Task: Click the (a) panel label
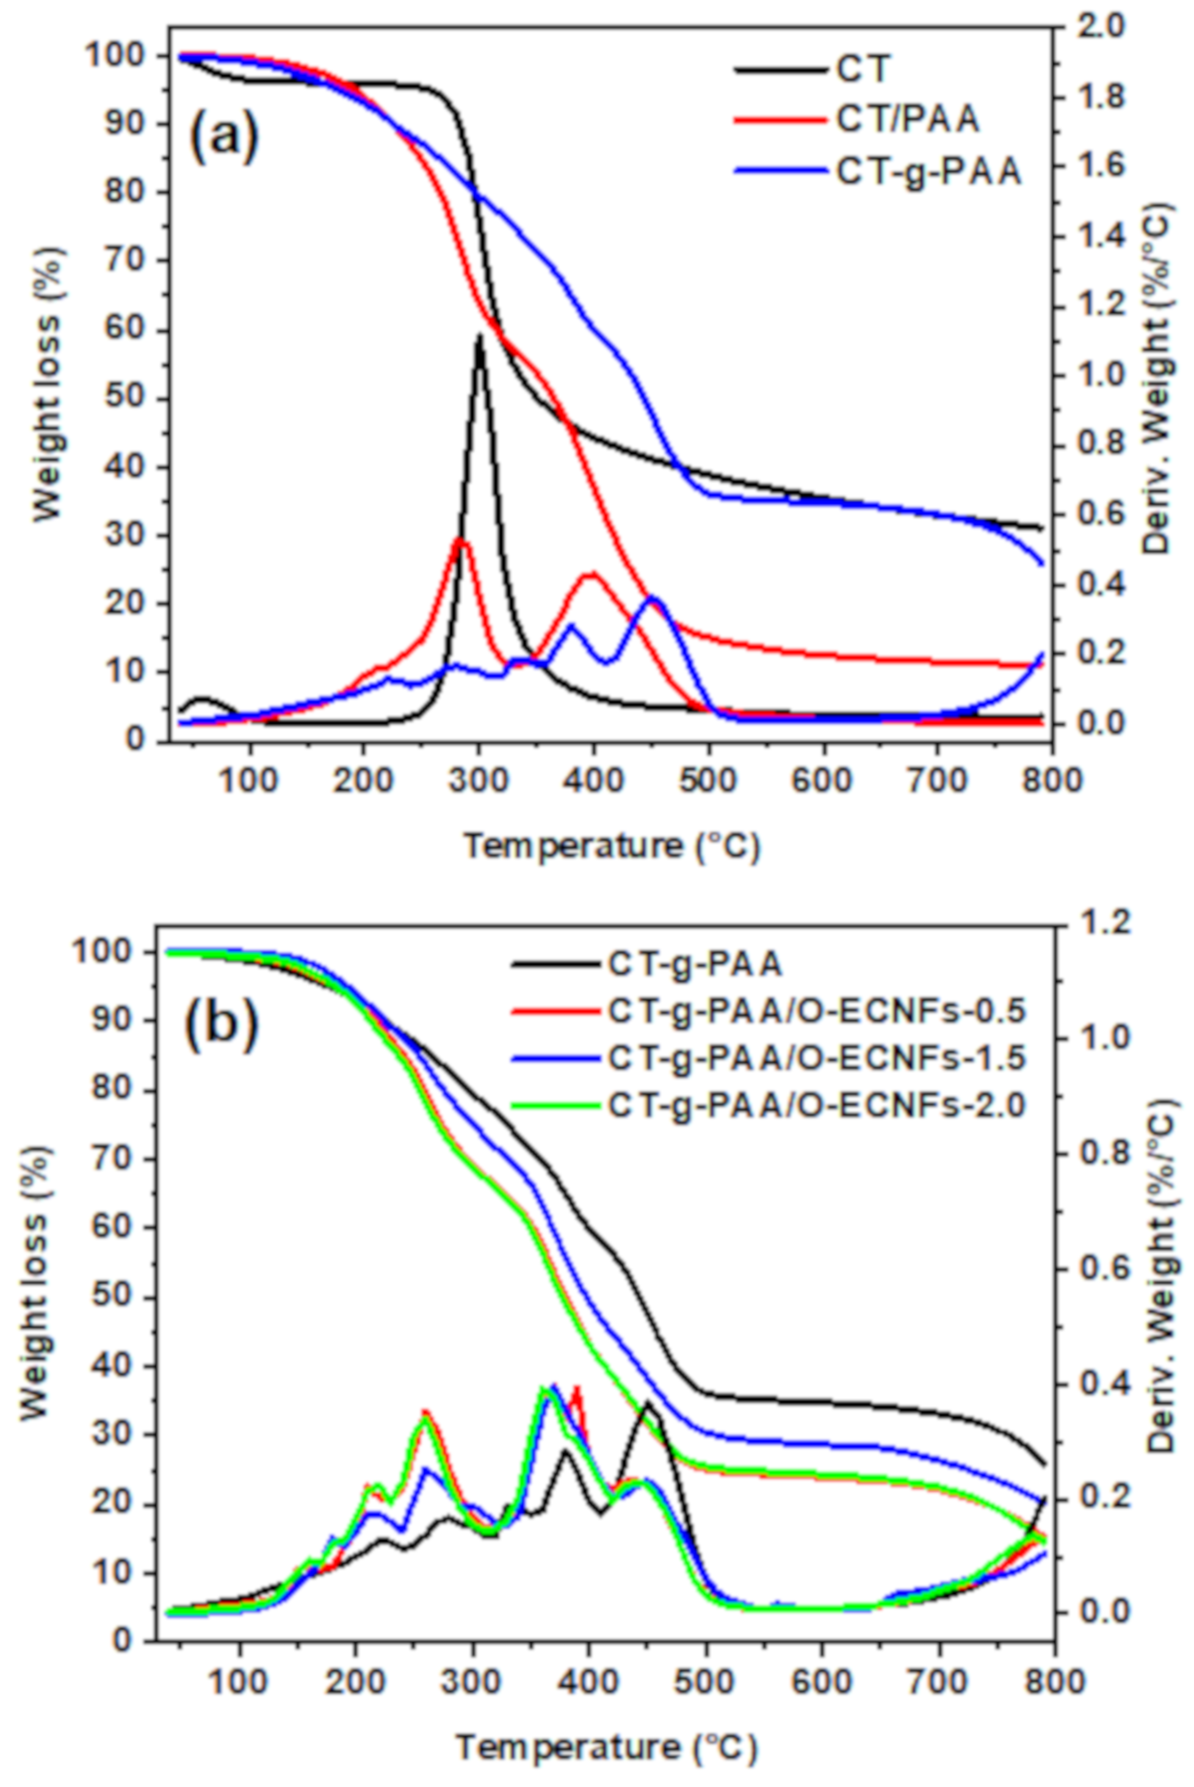(223, 135)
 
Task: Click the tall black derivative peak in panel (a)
(480, 335)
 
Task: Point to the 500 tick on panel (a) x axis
(708, 782)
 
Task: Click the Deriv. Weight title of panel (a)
(1157, 377)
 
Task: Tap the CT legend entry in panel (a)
(861, 68)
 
